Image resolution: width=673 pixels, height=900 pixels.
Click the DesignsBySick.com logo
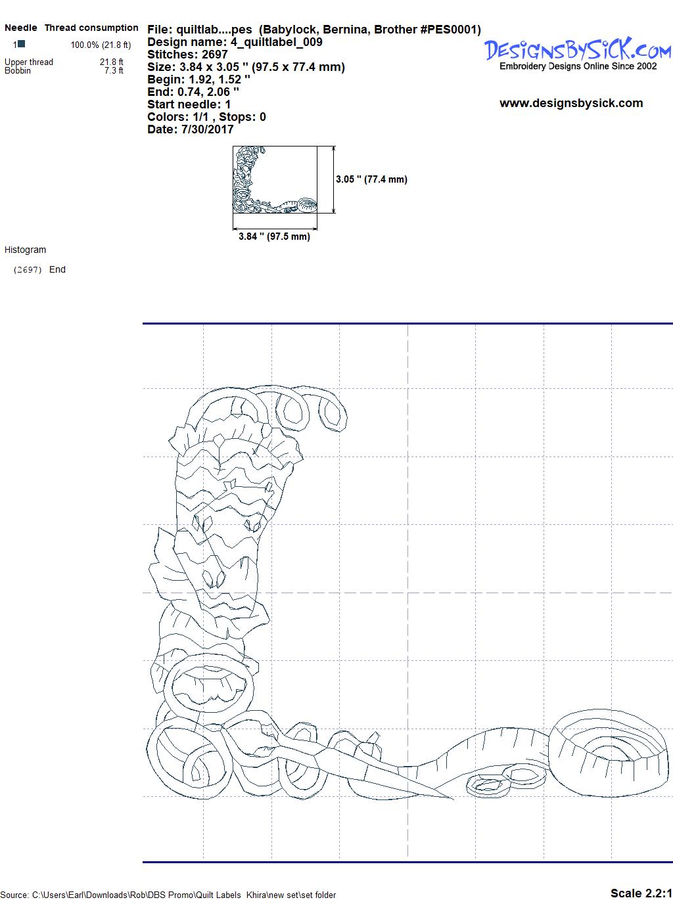coord(578,54)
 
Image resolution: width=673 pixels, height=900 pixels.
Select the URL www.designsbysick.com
coord(571,103)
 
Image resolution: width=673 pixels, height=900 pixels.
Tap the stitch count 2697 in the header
coord(214,55)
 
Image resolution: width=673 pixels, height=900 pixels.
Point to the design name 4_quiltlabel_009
coord(277,42)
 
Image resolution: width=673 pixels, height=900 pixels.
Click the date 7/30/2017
coord(207,129)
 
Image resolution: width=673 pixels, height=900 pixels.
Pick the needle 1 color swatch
coord(22,43)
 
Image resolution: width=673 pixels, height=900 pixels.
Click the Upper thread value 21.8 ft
coord(112,62)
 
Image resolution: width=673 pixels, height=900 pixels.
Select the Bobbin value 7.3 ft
coord(114,70)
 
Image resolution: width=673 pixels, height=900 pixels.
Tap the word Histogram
coord(25,250)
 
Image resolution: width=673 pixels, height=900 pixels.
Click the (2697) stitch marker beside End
coord(28,270)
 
